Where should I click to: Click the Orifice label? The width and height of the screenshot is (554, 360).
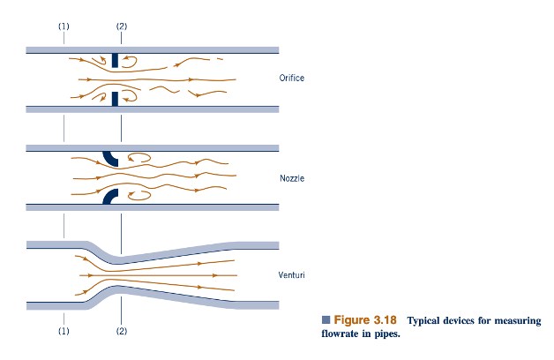[291, 78]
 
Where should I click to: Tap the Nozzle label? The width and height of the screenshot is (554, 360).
[292, 178]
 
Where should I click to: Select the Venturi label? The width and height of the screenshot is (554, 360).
[291, 275]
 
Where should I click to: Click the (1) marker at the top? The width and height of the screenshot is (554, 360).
[64, 26]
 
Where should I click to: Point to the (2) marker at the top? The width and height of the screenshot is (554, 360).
[122, 26]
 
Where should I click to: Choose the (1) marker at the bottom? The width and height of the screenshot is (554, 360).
[64, 331]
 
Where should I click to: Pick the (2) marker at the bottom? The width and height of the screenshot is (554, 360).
[122, 331]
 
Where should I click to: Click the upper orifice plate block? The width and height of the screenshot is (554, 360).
[115, 60]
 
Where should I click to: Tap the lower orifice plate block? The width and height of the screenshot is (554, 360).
[115, 99]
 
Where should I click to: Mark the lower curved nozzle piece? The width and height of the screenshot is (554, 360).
[109, 197]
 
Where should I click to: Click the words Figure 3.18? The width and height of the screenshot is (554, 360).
[365, 320]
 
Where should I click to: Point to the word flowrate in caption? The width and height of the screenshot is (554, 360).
[338, 334]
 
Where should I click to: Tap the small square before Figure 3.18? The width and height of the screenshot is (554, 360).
[326, 320]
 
